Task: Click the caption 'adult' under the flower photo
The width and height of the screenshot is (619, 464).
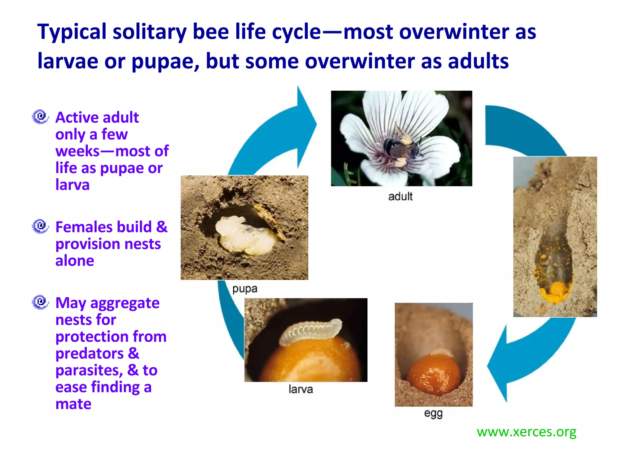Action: coord(400,196)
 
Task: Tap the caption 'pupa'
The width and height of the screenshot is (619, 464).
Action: coord(245,289)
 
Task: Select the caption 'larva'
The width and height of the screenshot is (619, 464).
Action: coord(300,389)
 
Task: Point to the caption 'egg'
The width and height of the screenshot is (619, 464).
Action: coord(433,413)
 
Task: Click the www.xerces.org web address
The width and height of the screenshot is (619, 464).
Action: coord(526,432)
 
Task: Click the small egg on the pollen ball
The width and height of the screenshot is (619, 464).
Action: coord(441,352)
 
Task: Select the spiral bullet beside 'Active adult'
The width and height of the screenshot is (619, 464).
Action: coord(40,117)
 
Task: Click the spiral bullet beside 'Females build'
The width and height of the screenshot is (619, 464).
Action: coord(40,226)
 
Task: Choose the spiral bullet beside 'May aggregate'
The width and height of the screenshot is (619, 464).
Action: coord(40,302)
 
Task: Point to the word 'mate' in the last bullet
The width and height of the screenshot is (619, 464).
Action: coord(73,404)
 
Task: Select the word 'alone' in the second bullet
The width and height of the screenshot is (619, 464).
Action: coord(75,261)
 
